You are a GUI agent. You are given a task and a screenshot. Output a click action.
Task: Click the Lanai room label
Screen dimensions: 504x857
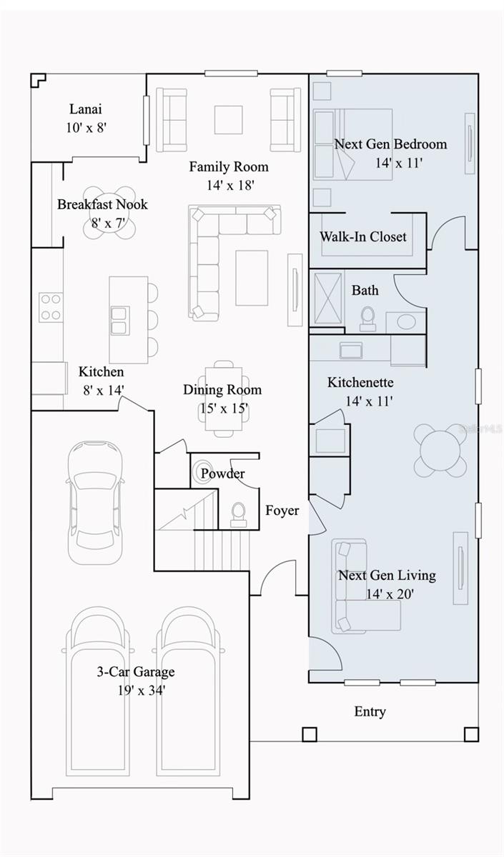(86, 109)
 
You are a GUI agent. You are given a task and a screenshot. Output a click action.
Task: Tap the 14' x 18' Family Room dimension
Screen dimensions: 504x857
(230, 186)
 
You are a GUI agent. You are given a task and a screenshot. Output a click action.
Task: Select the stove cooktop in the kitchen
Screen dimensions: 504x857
(51, 308)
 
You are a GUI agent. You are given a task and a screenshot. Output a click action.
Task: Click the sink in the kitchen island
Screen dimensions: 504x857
(120, 321)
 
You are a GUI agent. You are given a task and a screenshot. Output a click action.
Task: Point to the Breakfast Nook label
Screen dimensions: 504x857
(102, 204)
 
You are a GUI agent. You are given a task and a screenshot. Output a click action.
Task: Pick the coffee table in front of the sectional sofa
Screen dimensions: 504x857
(252, 278)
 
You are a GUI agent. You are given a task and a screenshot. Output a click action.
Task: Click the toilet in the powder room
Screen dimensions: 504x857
(239, 514)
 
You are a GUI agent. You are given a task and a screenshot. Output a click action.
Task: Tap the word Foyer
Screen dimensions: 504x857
(282, 511)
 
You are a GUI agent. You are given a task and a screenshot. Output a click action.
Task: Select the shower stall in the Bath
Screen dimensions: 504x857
(328, 299)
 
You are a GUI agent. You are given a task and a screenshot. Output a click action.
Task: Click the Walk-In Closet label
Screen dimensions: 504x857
(363, 237)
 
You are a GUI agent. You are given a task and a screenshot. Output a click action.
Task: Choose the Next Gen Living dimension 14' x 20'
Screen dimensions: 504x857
(390, 594)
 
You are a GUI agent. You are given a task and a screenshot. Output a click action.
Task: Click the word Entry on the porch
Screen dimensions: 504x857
(370, 711)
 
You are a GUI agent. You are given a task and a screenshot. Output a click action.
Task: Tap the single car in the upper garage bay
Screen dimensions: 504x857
(95, 503)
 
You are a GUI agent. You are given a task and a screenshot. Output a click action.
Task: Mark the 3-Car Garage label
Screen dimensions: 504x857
(136, 671)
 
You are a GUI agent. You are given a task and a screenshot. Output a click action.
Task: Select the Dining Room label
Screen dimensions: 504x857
(222, 390)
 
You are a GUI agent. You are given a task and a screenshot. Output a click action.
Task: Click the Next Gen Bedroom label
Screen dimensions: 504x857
(390, 144)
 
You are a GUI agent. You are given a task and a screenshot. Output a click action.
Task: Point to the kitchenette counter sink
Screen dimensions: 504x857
(351, 351)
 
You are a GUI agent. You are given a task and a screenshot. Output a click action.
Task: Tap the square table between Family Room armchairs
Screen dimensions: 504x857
(228, 120)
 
